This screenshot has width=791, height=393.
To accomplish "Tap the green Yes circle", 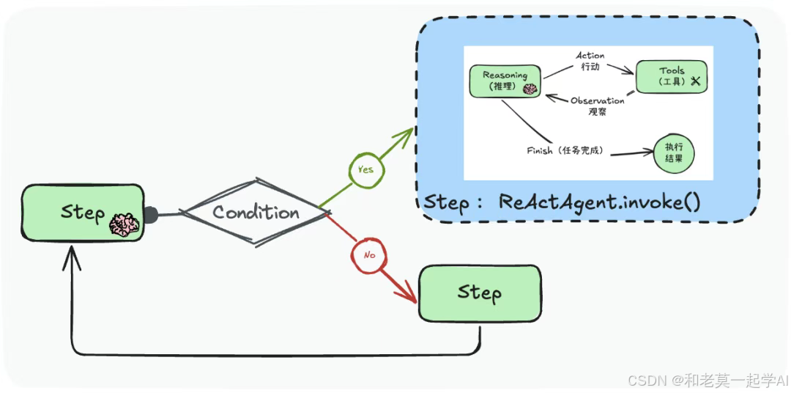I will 365,169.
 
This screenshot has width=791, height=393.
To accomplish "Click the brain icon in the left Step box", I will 124,224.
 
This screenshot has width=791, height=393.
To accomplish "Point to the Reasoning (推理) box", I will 506,81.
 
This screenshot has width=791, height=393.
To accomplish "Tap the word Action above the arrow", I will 590,56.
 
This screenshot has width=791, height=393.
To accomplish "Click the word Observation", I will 598,100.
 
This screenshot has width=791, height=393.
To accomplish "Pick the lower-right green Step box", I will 480,293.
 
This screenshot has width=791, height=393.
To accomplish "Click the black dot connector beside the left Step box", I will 150,215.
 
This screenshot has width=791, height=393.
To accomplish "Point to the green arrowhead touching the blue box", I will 405,133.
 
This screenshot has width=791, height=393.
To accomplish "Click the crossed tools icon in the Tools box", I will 695,81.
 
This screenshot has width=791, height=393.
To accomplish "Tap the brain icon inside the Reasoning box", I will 530,88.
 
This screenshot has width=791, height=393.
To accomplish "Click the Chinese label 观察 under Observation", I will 598,112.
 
